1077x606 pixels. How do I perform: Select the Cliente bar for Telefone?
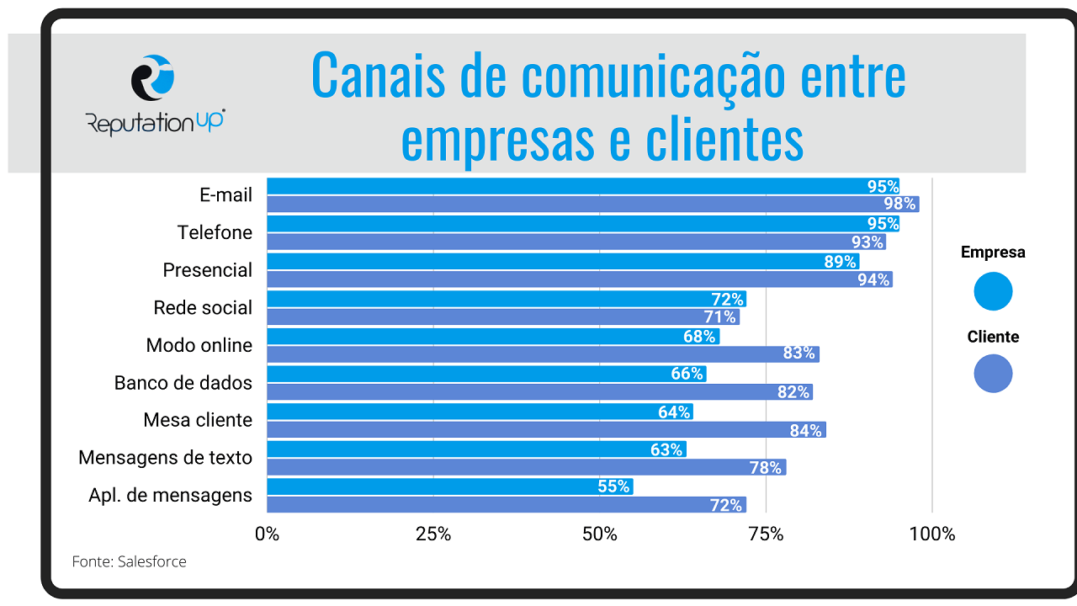(576, 242)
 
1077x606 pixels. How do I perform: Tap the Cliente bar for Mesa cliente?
(546, 430)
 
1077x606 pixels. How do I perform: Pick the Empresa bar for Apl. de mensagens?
(449, 486)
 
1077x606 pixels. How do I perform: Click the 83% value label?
(798, 354)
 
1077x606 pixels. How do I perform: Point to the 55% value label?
(613, 486)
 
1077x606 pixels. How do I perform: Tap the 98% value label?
(899, 205)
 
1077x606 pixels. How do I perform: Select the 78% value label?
(765, 467)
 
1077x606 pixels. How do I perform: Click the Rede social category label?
(203, 308)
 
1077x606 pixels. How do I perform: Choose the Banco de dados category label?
(183, 383)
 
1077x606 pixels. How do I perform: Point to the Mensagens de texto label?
(165, 458)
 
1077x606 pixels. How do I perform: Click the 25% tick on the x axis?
(433, 534)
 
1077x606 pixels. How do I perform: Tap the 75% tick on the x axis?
(767, 534)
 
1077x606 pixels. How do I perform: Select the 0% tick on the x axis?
(267, 534)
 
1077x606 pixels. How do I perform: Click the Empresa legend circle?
(993, 292)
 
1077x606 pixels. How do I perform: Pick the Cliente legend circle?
(993, 374)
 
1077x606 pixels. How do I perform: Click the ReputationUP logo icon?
(153, 78)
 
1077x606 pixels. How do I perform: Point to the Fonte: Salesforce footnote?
(129, 561)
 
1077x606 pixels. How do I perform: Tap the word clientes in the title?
(724, 141)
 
